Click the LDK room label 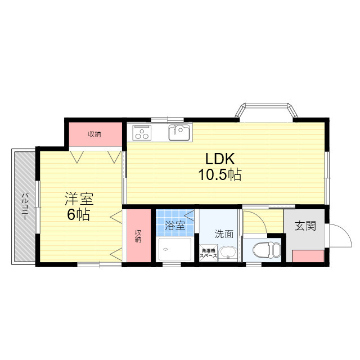[x=220, y=159]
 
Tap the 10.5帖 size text [x=220, y=175]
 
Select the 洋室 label [x=79, y=199]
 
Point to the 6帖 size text [x=78, y=215]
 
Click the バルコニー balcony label [x=25, y=206]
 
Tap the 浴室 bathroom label [x=175, y=226]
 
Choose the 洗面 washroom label [x=224, y=234]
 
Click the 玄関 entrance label [x=305, y=226]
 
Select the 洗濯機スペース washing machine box [x=208, y=253]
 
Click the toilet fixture [x=267, y=250]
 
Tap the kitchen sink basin [x=179, y=133]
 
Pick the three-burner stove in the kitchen [x=142, y=133]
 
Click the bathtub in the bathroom [x=175, y=249]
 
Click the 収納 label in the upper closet [x=94, y=134]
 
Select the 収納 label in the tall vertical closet [x=138, y=236]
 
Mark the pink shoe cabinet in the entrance [x=308, y=256]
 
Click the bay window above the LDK [x=267, y=112]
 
